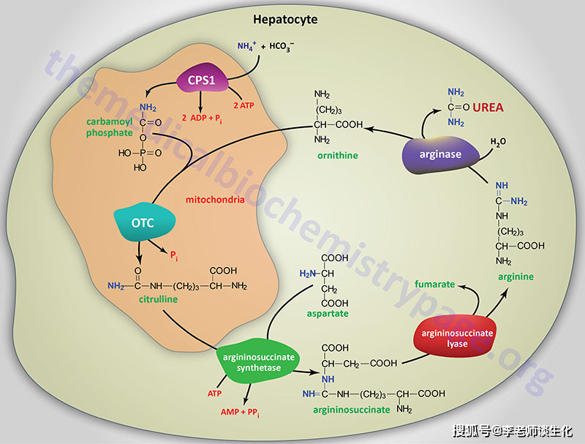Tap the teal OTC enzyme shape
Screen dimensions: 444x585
143,222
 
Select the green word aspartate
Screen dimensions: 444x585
328,313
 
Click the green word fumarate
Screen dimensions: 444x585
435,284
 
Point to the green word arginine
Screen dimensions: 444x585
516,276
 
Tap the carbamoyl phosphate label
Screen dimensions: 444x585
107,128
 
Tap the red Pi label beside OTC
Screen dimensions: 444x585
174,255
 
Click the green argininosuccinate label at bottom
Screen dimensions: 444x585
351,410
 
